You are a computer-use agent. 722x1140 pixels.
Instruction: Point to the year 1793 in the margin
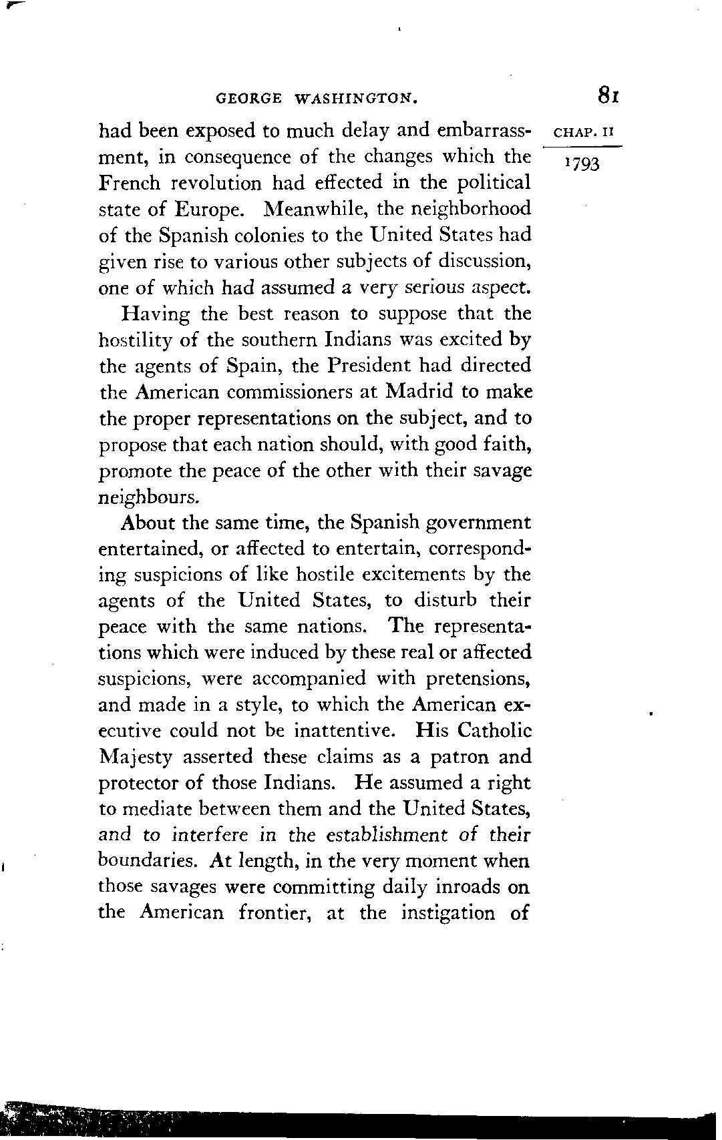click(582, 163)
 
